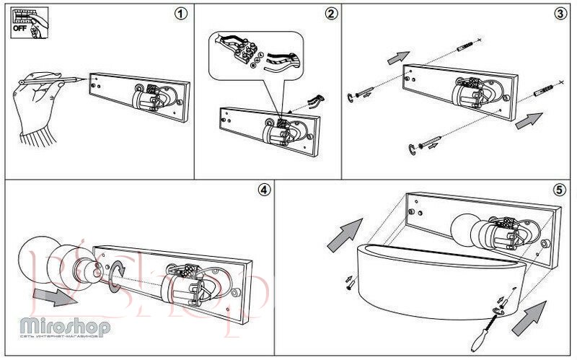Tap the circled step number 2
tap(331, 14)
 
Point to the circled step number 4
tap(263, 190)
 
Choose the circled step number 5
tap(559, 190)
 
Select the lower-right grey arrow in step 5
tap(528, 318)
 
